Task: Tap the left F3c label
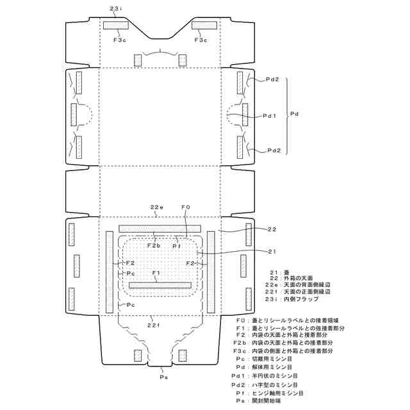(120, 40)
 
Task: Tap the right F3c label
(201, 40)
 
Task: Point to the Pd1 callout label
(270, 116)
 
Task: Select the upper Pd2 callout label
(273, 79)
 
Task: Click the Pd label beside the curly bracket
(295, 113)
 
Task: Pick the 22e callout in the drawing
(156, 207)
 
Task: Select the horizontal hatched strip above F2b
(160, 228)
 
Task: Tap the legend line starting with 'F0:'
(289, 318)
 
